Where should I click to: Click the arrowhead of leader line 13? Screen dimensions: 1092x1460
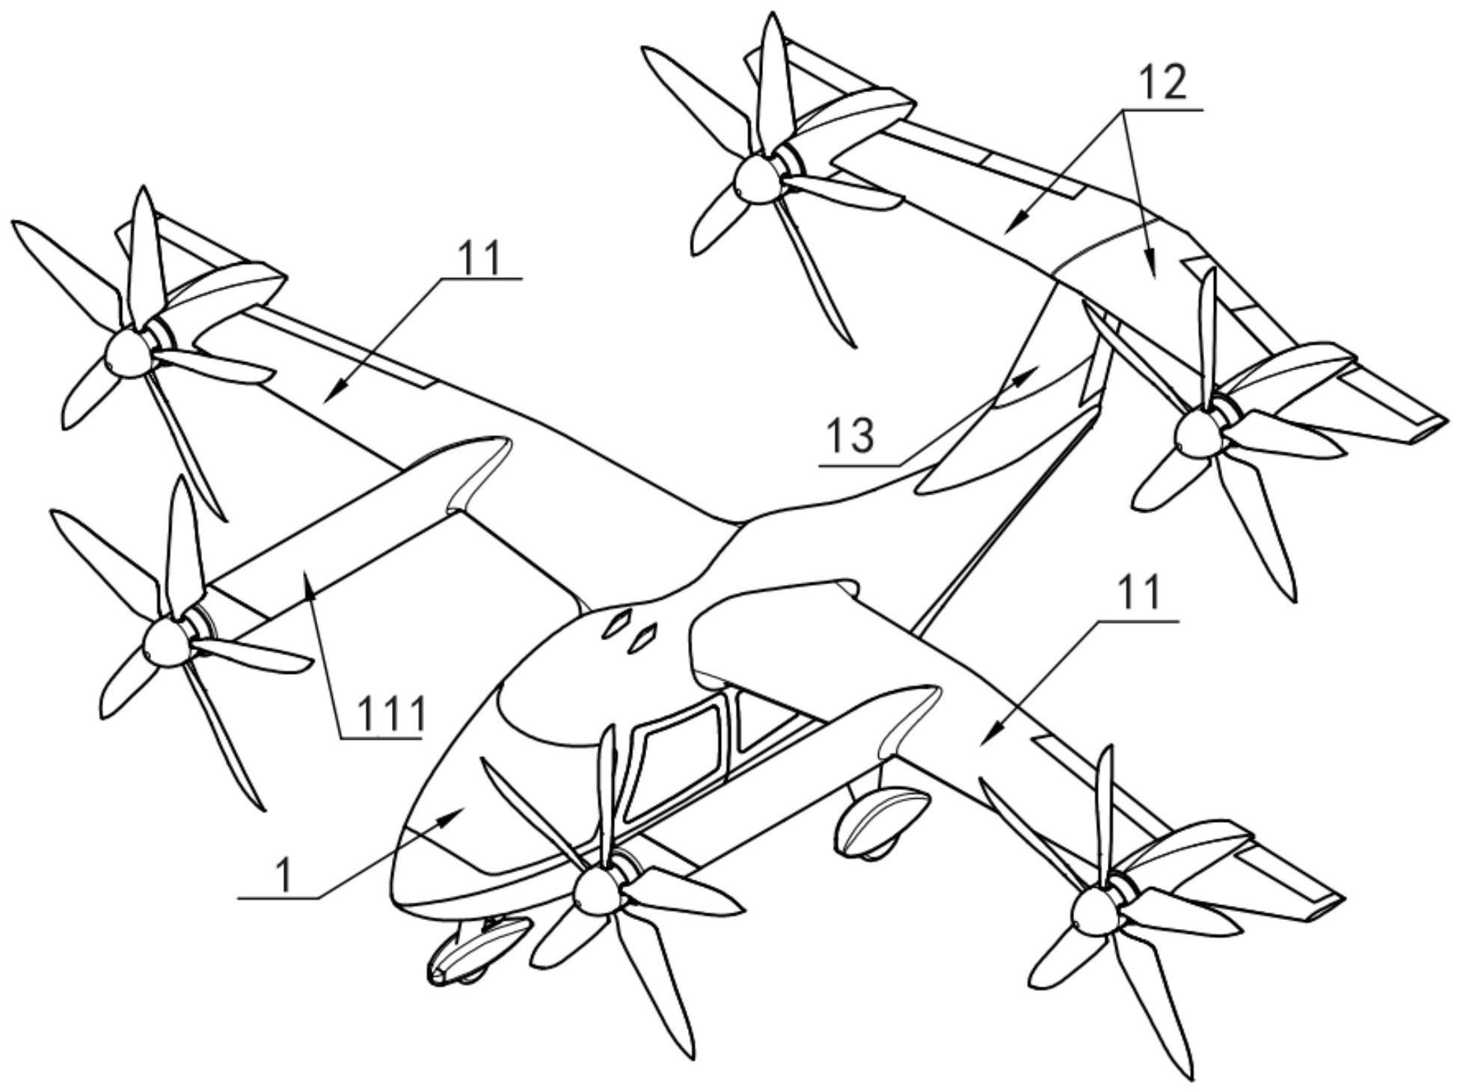[1034, 371]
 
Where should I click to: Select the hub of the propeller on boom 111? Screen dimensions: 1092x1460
[164, 642]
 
